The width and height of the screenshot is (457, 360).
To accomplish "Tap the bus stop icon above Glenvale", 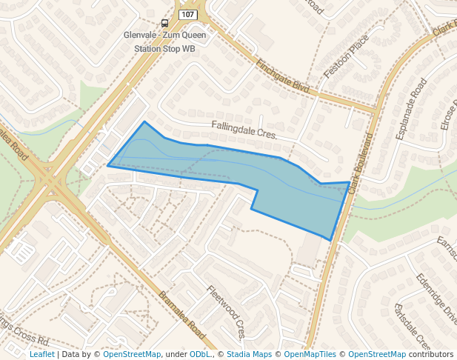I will [164, 23].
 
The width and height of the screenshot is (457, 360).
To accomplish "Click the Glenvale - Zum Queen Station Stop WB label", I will [164, 41].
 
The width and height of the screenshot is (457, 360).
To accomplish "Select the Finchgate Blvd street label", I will [282, 76].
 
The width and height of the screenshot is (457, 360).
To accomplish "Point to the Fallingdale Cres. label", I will [244, 130].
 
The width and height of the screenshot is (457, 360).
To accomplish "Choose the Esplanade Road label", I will [412, 109].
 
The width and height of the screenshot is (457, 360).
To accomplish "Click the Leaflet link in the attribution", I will [41, 355].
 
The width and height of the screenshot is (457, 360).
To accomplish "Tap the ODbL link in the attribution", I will [201, 355].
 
